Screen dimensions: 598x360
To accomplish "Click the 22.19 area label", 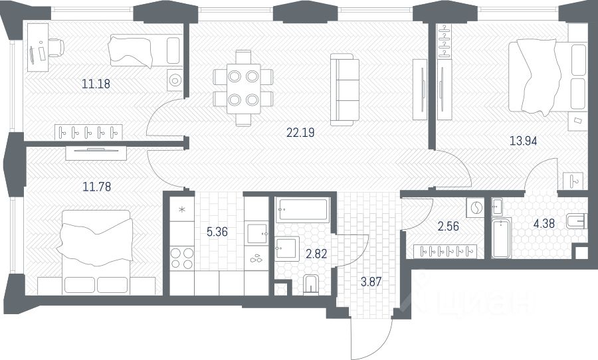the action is pos(300,132).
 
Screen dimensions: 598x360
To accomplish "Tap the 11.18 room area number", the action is pos(96,84).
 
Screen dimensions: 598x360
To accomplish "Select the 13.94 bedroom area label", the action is pos(524,141).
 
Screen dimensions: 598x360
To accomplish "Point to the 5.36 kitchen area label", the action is pos(217,232).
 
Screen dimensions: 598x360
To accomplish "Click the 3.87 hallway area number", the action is pos(371,282).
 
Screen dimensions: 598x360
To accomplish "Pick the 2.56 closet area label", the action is pos(448,226).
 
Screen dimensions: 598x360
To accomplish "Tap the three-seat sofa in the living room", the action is pos(345,90).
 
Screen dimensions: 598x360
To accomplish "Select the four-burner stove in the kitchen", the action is pos(182,258).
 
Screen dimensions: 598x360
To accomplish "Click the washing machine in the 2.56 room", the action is pos(475,208).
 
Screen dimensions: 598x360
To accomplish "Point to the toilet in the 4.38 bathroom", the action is pos(576,221).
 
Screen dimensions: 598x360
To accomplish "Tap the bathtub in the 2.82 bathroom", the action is pos(302,210).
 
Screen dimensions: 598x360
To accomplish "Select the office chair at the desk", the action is pos(56,48).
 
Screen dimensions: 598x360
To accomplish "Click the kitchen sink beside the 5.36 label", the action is pos(256,234).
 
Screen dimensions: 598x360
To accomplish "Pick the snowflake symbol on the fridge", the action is pos(182,209).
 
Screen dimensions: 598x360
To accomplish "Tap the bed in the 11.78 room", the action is pos(96,252).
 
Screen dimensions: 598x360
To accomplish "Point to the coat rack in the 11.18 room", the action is pos(88,132).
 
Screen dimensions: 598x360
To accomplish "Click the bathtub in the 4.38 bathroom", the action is pos(501,238).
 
